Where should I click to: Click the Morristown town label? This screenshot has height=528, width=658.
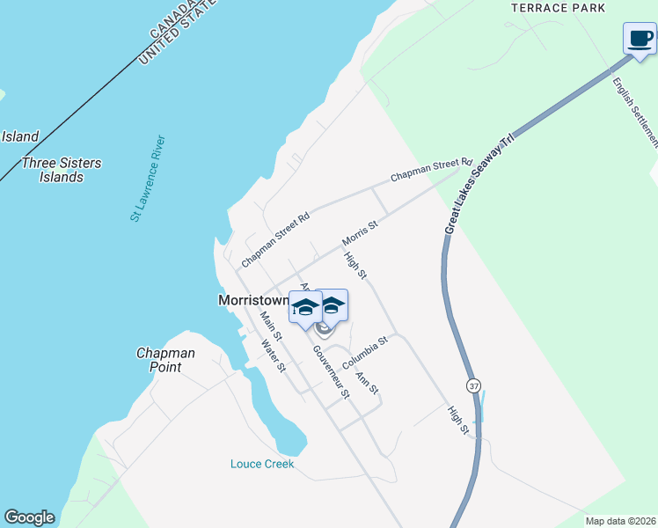253,300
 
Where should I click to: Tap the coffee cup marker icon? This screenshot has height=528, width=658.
640,39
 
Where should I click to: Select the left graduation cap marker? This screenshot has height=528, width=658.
305,307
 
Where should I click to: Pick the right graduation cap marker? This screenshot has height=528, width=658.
332,305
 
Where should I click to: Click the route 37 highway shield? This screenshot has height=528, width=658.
474,386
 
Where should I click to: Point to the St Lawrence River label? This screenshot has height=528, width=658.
148,178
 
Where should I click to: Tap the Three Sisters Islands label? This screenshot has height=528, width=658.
62,170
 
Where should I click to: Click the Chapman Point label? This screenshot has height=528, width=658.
165,360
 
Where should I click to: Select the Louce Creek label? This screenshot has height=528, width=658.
262,464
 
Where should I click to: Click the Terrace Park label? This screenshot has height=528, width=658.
559,8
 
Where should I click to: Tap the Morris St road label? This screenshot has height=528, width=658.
359,233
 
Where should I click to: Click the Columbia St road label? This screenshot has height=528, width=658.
365,352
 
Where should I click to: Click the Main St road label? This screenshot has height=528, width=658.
271,325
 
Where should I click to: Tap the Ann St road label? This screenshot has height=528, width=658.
367,383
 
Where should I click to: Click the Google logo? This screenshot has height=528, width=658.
29,517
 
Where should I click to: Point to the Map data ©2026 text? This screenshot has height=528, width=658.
620,521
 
